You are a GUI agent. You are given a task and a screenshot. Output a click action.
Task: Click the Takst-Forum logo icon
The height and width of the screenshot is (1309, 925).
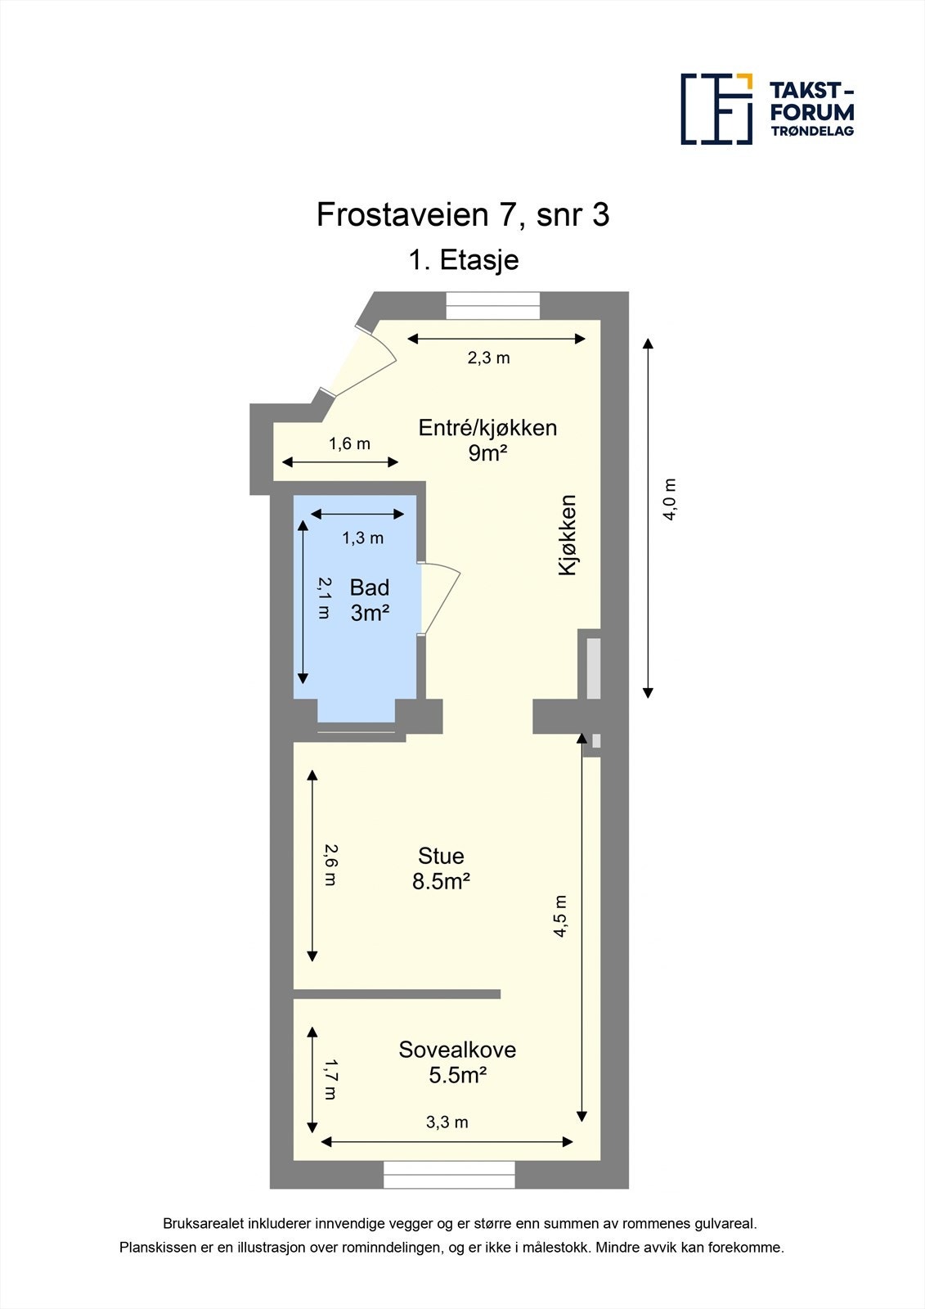coord(716,109)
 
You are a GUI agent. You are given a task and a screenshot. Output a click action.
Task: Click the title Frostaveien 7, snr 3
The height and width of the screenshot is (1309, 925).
coord(463,215)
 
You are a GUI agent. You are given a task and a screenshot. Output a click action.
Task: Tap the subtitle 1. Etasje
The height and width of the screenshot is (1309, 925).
coord(463,260)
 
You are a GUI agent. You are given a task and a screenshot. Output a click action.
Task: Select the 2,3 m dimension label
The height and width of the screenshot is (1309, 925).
coord(488,358)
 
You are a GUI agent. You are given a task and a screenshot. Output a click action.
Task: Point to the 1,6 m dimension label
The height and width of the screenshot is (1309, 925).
coord(349,443)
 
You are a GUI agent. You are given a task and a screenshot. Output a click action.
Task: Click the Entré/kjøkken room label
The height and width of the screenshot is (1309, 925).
coord(487,439)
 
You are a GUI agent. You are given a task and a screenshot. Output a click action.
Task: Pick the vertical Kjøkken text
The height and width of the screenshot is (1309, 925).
coord(568,535)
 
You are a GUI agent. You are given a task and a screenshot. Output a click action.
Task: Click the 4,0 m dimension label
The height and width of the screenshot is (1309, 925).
coord(670,499)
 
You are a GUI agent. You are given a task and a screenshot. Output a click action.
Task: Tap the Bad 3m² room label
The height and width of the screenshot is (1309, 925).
coord(369,600)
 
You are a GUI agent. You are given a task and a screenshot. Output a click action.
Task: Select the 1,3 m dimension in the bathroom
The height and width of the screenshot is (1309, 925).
coord(362,538)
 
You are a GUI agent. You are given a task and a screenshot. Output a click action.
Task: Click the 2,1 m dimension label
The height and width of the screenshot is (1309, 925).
coord(324,597)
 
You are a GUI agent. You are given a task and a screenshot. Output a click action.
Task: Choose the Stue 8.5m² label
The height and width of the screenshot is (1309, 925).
coord(441,868)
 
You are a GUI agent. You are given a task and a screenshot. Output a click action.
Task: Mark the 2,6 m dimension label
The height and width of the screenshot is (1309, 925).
coord(330,865)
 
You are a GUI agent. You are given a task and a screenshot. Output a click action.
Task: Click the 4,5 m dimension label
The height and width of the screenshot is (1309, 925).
coord(560,915)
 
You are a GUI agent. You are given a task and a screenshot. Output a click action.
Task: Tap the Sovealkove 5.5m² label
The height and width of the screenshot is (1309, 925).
coord(457,1062)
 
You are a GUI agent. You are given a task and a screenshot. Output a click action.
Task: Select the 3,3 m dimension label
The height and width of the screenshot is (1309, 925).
coord(447,1122)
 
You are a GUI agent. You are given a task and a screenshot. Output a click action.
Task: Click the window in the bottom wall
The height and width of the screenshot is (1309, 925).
coord(449,1175)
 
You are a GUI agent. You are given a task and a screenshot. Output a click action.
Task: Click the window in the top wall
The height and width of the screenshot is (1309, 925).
coord(492,306)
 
